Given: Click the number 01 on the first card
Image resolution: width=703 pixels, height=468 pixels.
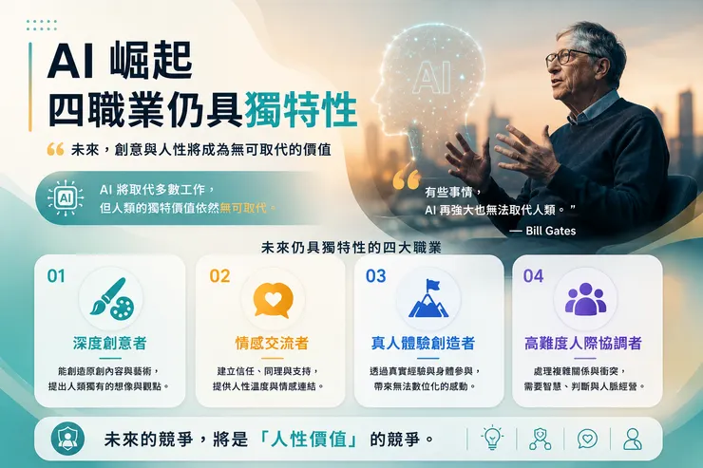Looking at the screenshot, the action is pyautogui.click(x=56, y=276).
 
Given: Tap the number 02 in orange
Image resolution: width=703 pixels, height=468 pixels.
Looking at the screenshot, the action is pyautogui.click(x=219, y=276).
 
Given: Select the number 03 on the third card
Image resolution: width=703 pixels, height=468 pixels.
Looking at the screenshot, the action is pyautogui.click(x=375, y=276).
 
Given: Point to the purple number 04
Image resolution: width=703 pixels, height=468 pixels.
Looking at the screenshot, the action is pyautogui.click(x=533, y=276).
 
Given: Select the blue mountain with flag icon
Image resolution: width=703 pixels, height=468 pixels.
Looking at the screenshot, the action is pyautogui.click(x=428, y=298).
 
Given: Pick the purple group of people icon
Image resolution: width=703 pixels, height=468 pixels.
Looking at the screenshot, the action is pyautogui.click(x=585, y=299).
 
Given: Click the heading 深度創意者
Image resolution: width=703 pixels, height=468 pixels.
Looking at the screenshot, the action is pyautogui.click(x=110, y=343).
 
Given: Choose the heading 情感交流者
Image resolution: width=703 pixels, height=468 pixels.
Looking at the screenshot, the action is pyautogui.click(x=272, y=343).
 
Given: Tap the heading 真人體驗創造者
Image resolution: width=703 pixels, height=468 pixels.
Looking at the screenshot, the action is pyautogui.click(x=423, y=343).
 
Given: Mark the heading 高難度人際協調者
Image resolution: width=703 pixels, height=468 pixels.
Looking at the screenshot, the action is pyautogui.click(x=583, y=343).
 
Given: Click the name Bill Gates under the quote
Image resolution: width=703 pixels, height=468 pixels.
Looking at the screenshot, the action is pyautogui.click(x=551, y=231).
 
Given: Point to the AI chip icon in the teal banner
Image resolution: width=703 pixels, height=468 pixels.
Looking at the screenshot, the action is pyautogui.click(x=66, y=198).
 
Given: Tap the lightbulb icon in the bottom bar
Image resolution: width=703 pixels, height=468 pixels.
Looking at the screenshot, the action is pyautogui.click(x=492, y=437).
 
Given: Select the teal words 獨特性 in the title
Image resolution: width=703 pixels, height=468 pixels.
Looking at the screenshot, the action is pyautogui.click(x=301, y=110).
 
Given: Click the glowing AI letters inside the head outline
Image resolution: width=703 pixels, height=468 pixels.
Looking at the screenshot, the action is pyautogui.click(x=432, y=78).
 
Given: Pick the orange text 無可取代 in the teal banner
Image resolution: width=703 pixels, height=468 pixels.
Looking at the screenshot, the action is pyautogui.click(x=243, y=208).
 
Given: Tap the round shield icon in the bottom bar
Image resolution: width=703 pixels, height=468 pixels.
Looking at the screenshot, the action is pyautogui.click(x=67, y=439).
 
